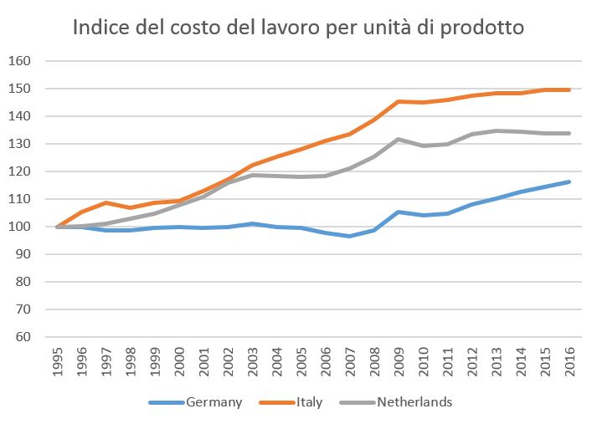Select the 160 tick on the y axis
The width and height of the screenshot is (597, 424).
coord(19,61)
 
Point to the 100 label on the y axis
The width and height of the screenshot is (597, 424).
coord(19,227)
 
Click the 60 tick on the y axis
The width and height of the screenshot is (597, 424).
coord(23,337)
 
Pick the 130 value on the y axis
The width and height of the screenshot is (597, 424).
coord(19,144)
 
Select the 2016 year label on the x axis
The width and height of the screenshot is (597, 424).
coord(569,362)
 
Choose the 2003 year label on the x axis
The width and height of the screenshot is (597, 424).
coord(252,362)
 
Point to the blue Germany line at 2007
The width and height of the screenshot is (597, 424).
coord(349,236)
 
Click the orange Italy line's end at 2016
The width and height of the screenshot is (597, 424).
coord(569,89)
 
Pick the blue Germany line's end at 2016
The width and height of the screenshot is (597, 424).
coord(569,181)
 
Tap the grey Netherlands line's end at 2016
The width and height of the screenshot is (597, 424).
coord(569,133)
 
